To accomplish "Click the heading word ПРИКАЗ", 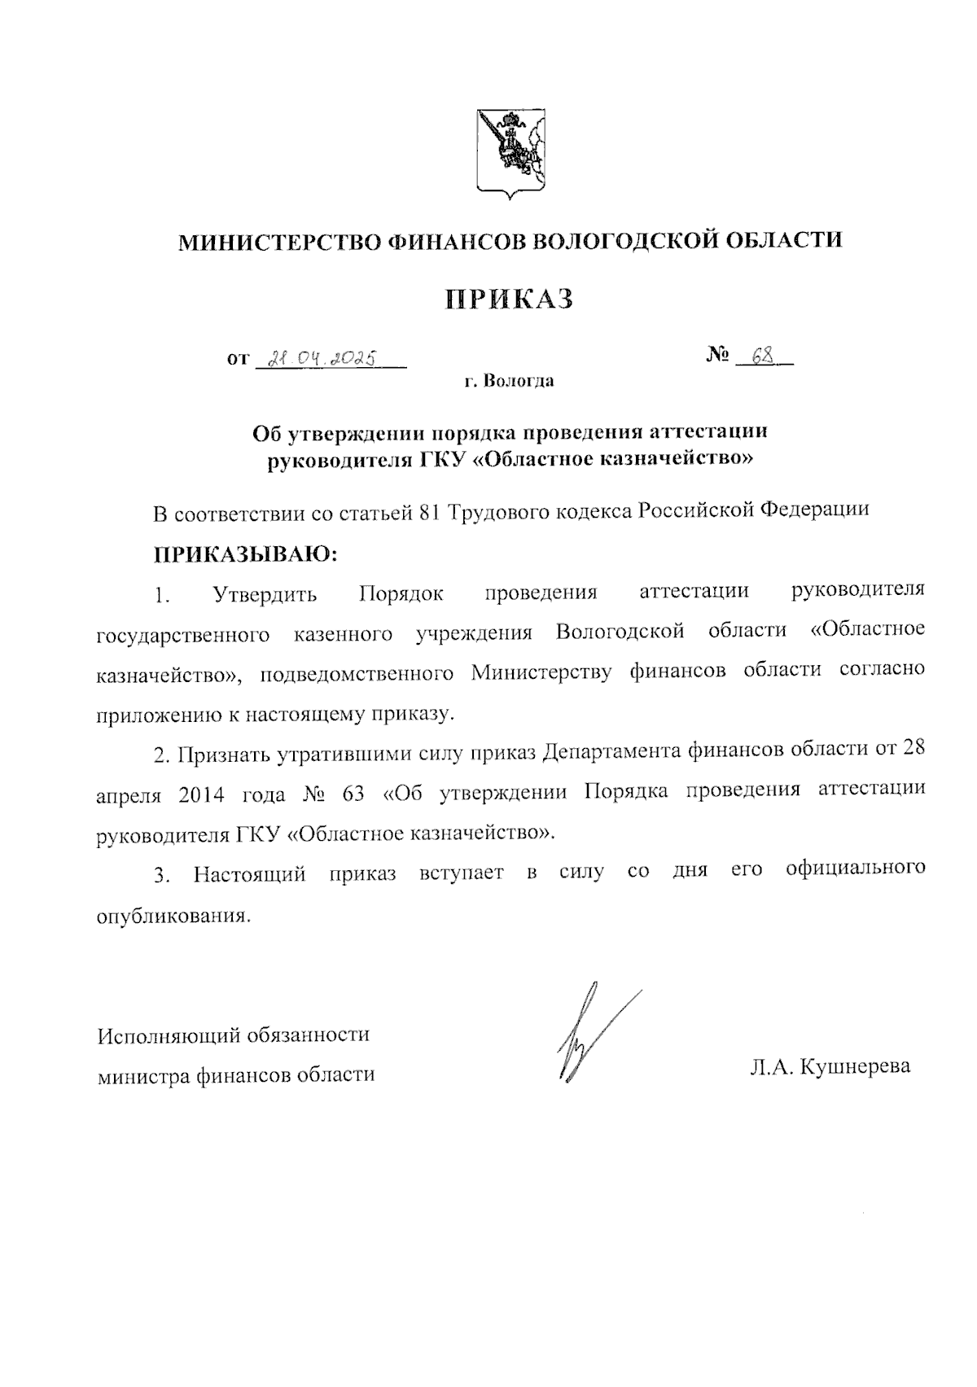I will tap(509, 300).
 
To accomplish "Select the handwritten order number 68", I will tap(762, 356).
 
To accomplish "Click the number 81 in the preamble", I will tap(431, 511).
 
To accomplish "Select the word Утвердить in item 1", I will tap(265, 594).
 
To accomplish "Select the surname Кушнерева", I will tap(856, 1066).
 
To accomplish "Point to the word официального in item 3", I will tap(856, 869).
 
